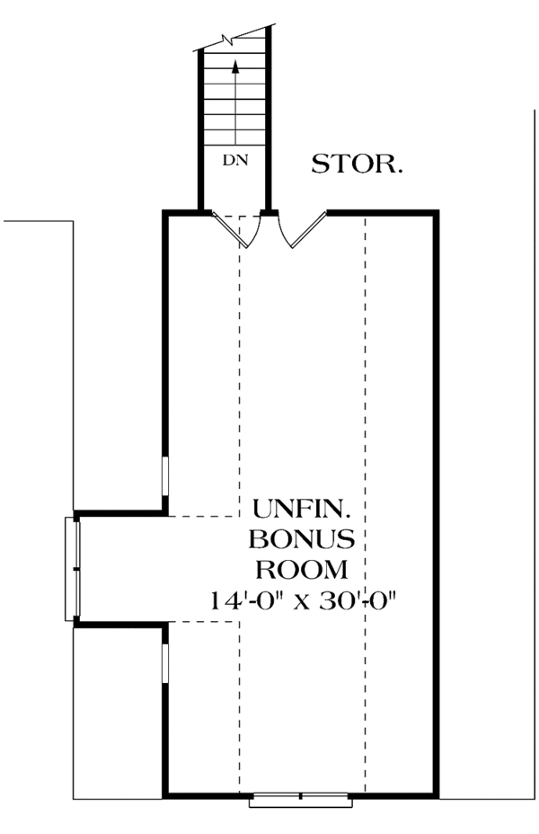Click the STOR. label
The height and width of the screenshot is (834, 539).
[357, 164]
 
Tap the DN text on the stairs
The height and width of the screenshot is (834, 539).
[234, 161]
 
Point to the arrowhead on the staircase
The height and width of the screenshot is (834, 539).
[235, 65]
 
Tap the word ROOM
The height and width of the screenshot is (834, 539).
[302, 569]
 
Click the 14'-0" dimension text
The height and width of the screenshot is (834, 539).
[246, 599]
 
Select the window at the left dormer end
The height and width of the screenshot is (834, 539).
[72, 569]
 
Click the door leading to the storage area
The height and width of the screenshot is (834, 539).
[302, 232]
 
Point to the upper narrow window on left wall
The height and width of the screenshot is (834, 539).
[164, 476]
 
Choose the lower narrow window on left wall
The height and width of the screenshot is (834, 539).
[164, 662]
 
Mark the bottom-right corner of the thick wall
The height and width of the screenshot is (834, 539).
[437, 795]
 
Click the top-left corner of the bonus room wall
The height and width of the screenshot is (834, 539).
[164, 213]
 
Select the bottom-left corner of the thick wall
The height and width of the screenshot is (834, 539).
[164, 795]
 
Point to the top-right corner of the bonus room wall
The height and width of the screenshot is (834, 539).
[437, 213]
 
